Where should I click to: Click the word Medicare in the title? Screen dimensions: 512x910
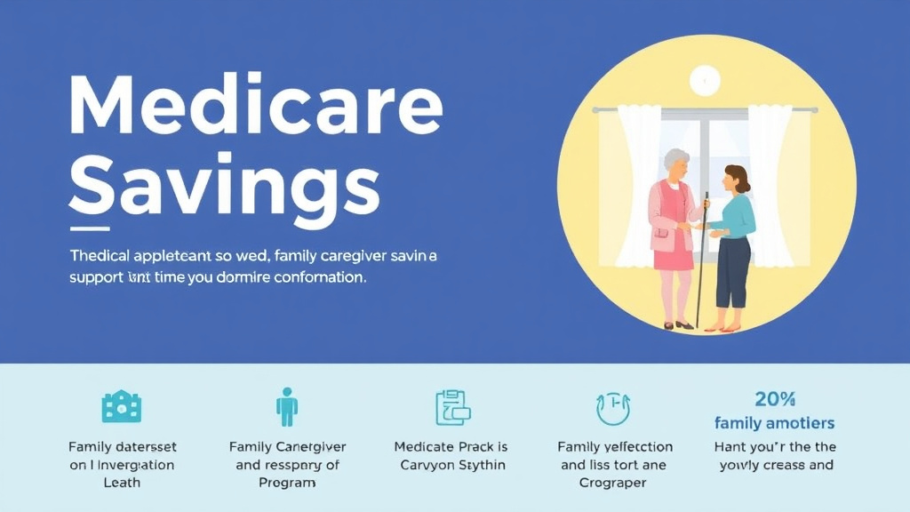point(255,106)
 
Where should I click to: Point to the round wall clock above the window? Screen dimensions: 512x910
point(704,81)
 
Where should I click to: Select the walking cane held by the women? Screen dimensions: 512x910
point(702,258)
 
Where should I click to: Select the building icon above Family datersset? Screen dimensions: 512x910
point(122,407)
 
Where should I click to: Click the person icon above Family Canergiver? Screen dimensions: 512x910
point(286,407)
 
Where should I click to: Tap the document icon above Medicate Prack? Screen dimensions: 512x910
point(451,407)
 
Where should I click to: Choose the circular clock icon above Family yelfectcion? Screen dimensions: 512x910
point(613,408)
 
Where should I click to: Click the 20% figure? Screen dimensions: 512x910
point(774,399)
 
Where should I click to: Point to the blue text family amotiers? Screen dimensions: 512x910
point(774,423)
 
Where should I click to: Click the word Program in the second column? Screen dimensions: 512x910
point(287,483)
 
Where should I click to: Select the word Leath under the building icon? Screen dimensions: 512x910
point(122,483)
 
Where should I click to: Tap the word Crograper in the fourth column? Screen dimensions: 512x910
point(614,483)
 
